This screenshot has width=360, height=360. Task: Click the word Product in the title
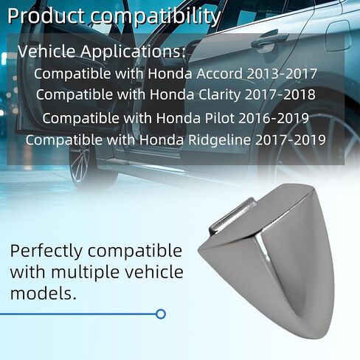pos(46,16)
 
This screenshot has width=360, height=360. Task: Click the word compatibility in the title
pos(156,17)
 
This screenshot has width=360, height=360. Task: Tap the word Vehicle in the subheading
pos(46,51)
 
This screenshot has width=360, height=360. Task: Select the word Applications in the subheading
pos(133,52)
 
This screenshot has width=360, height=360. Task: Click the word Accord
pos(219,74)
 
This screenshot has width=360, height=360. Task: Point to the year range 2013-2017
pos(282,74)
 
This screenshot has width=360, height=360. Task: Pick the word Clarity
pos(220,95)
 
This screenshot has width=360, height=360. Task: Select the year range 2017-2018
pos(280,94)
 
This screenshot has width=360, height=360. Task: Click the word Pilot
pos(219,118)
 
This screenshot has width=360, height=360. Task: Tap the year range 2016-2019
pos(274,118)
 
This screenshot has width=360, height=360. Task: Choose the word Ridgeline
pos(220,140)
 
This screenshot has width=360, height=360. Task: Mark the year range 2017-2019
pos(291,139)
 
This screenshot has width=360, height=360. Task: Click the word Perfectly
pos(46,252)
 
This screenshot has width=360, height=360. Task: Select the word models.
pos(44,294)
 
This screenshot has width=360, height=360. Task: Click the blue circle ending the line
pos(161,314)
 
